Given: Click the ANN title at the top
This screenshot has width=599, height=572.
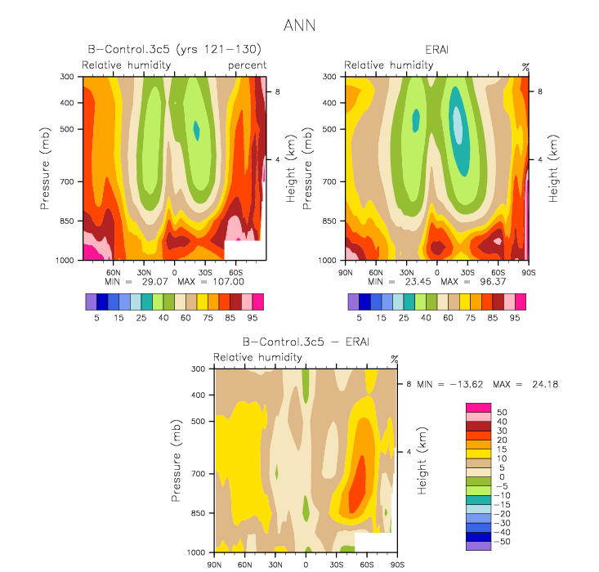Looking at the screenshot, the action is (x=299, y=25).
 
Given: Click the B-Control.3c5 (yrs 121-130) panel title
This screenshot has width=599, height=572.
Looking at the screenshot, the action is (x=175, y=49).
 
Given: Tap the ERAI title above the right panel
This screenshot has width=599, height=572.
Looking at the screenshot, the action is (x=436, y=50).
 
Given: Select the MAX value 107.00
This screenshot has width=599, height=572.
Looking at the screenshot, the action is (x=229, y=282).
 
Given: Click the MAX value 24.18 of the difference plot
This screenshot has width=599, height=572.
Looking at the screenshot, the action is (x=545, y=384).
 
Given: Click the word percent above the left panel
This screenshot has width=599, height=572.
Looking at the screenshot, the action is (x=247, y=65).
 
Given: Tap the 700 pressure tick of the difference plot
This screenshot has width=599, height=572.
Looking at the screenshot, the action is (x=199, y=474).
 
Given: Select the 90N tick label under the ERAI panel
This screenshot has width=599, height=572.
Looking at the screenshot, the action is (x=346, y=273).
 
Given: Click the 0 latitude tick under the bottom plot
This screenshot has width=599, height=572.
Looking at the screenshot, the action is (x=306, y=565).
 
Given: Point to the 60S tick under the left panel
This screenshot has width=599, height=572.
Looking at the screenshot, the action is (x=235, y=273).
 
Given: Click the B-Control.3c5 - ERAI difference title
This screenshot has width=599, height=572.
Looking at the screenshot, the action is (x=306, y=342).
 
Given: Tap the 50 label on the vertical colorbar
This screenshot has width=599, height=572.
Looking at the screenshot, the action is (x=502, y=413).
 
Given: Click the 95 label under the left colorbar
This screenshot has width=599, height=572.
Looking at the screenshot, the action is (x=253, y=318).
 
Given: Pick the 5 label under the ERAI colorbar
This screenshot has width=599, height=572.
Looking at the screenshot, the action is (x=359, y=318).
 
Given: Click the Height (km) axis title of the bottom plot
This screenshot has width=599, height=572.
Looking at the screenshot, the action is (x=422, y=461).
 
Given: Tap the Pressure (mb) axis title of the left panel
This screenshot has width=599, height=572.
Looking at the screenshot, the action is (x=45, y=168).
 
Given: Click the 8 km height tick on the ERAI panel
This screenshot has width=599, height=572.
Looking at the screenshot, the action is (x=540, y=92).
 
